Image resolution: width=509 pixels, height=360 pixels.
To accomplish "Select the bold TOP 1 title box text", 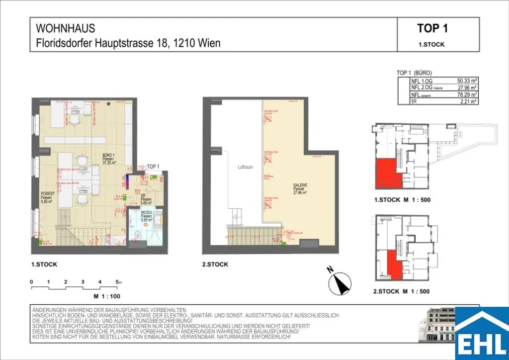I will pyautogui.click(x=432, y=28).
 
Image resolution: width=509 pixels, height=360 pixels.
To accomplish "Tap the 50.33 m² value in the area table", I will pyautogui.click(x=467, y=80).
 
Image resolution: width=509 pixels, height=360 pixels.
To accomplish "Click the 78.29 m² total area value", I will pyautogui.click(x=467, y=93).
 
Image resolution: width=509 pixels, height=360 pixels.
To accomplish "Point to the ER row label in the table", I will pyautogui.click(x=414, y=100).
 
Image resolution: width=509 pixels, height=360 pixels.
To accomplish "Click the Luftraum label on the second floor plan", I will pyautogui.click(x=245, y=168).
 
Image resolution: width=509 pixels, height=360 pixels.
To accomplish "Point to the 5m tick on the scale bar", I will pyautogui.click(x=118, y=282).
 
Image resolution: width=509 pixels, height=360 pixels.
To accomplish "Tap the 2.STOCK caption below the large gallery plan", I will pyautogui.click(x=215, y=265).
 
